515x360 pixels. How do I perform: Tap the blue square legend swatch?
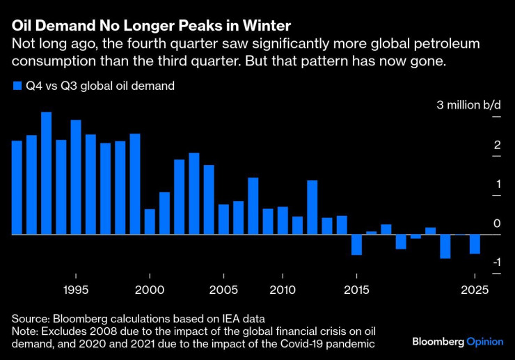[17, 86]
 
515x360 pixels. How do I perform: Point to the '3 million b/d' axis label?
[468, 106]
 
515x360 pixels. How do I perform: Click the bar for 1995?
[76, 177]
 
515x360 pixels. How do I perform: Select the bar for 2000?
[150, 221]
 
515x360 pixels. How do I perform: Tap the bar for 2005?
[223, 219]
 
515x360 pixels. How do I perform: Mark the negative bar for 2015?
[357, 244]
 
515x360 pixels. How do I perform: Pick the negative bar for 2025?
[475, 244]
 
